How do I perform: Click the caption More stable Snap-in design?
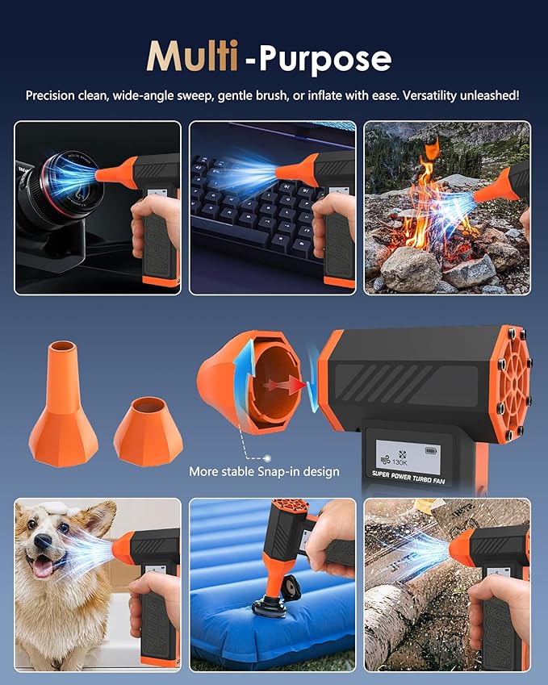[x=264, y=471]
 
